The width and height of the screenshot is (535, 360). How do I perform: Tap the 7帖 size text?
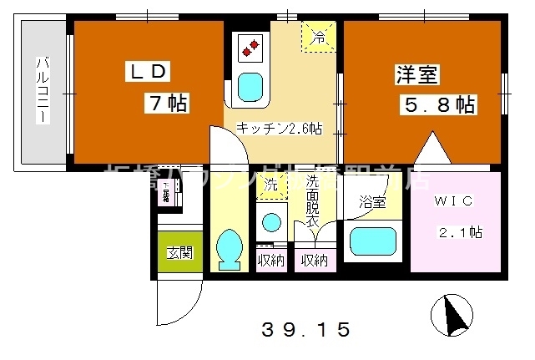point(168,104)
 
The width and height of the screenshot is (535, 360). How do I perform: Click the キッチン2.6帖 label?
point(279,129)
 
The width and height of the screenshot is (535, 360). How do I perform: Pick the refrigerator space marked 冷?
point(319,37)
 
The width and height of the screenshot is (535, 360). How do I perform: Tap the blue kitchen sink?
point(250,86)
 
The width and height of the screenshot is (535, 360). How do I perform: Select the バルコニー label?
point(40,91)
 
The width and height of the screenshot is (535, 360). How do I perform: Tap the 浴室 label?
point(372,203)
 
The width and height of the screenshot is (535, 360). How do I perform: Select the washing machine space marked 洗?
point(270,185)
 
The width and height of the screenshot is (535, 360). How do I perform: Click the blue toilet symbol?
point(228,248)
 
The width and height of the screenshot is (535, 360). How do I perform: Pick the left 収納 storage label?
point(270,261)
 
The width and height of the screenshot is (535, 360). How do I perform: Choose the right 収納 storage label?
point(314,261)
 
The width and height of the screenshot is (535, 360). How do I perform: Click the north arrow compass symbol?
point(455,315)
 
